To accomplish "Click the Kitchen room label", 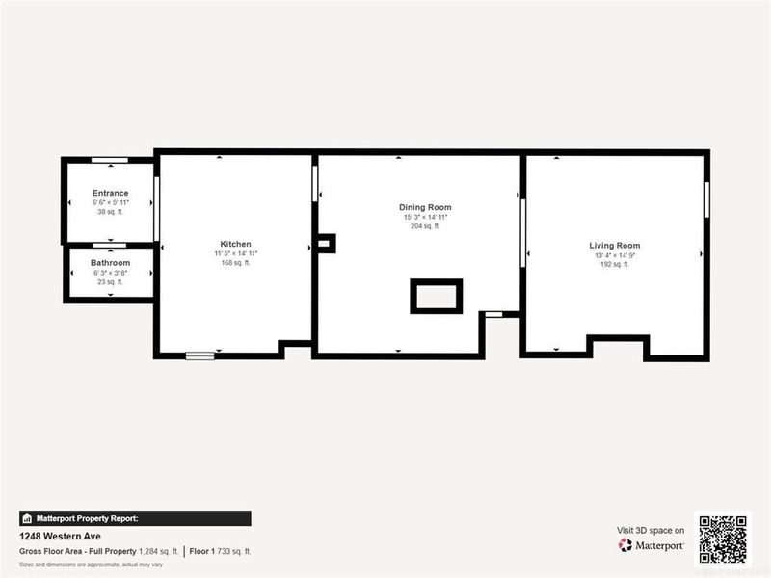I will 236,244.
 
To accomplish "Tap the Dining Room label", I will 425,207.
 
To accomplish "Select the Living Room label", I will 614,246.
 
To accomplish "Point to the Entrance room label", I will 110,193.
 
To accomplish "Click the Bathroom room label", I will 110,263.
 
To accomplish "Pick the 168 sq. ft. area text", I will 236,263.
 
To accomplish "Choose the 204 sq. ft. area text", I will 425,226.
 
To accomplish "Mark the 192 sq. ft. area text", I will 614,264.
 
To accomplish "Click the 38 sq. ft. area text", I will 110,212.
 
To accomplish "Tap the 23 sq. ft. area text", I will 110,281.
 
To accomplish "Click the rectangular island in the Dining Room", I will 437,296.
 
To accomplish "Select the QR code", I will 723,539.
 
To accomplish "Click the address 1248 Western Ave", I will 61,537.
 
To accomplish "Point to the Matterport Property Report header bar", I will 135,518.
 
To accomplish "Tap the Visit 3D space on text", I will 651,530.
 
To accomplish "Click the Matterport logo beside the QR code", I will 651,545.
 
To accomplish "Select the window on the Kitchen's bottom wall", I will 200,355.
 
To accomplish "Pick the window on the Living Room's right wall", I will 706,197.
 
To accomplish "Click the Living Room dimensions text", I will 614,255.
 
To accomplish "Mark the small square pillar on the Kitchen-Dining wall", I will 326,243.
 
